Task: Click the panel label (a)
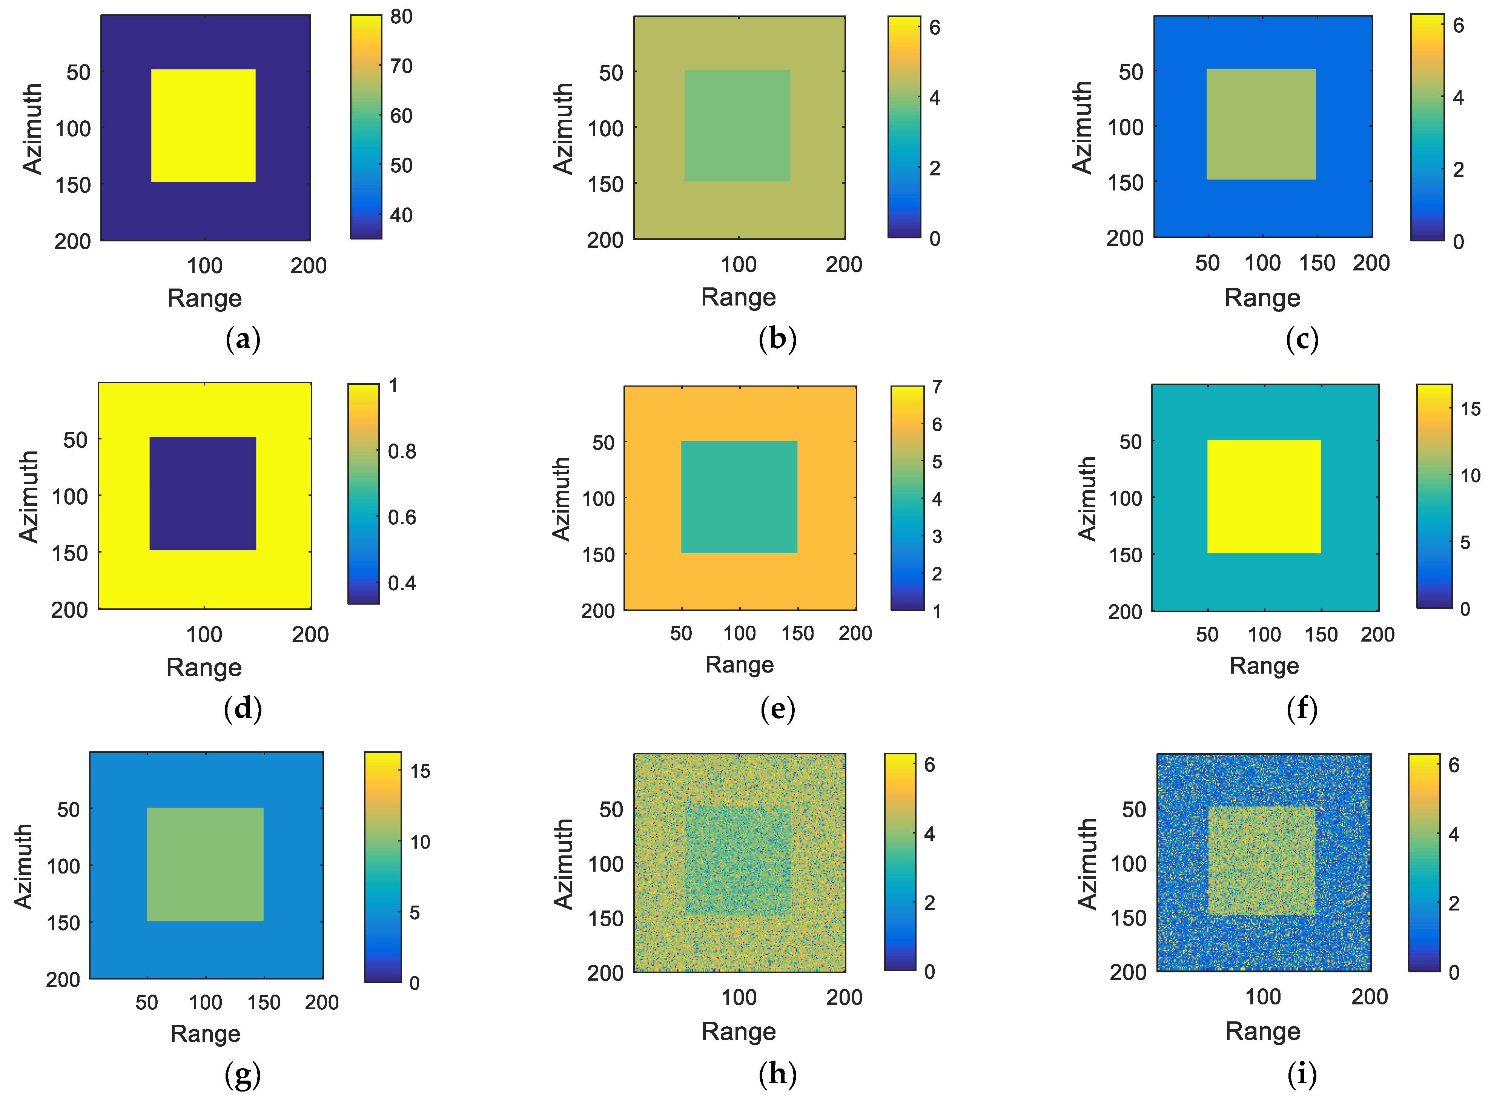[x=243, y=339]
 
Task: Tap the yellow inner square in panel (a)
[x=203, y=125]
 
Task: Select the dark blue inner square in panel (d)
[x=203, y=493]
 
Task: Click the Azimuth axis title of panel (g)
[x=23, y=866]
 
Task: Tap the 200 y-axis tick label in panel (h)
[x=605, y=972]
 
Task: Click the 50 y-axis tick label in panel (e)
[x=603, y=442]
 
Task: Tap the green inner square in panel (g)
[x=205, y=864]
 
